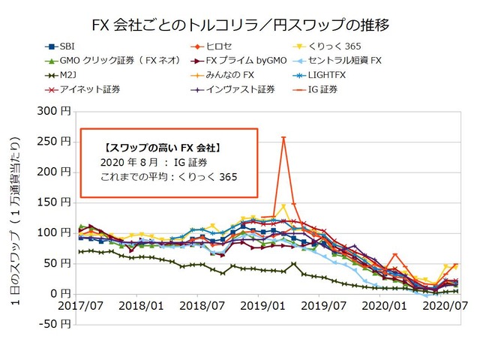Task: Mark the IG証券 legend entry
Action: [364, 89]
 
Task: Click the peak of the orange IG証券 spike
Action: [283, 137]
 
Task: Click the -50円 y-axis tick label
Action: [56, 324]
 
